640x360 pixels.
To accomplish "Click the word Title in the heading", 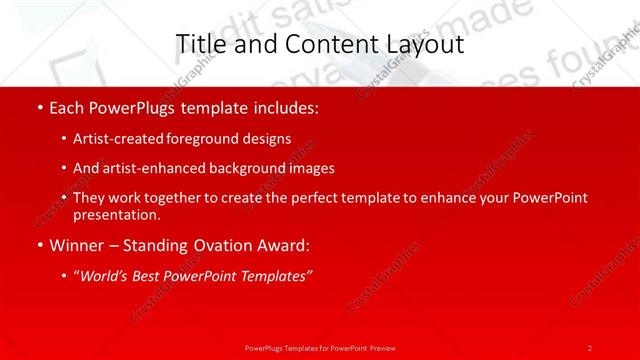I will click(198, 44).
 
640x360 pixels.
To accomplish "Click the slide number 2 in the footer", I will click(590, 347).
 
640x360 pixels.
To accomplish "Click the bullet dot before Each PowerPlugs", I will click(38, 105).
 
